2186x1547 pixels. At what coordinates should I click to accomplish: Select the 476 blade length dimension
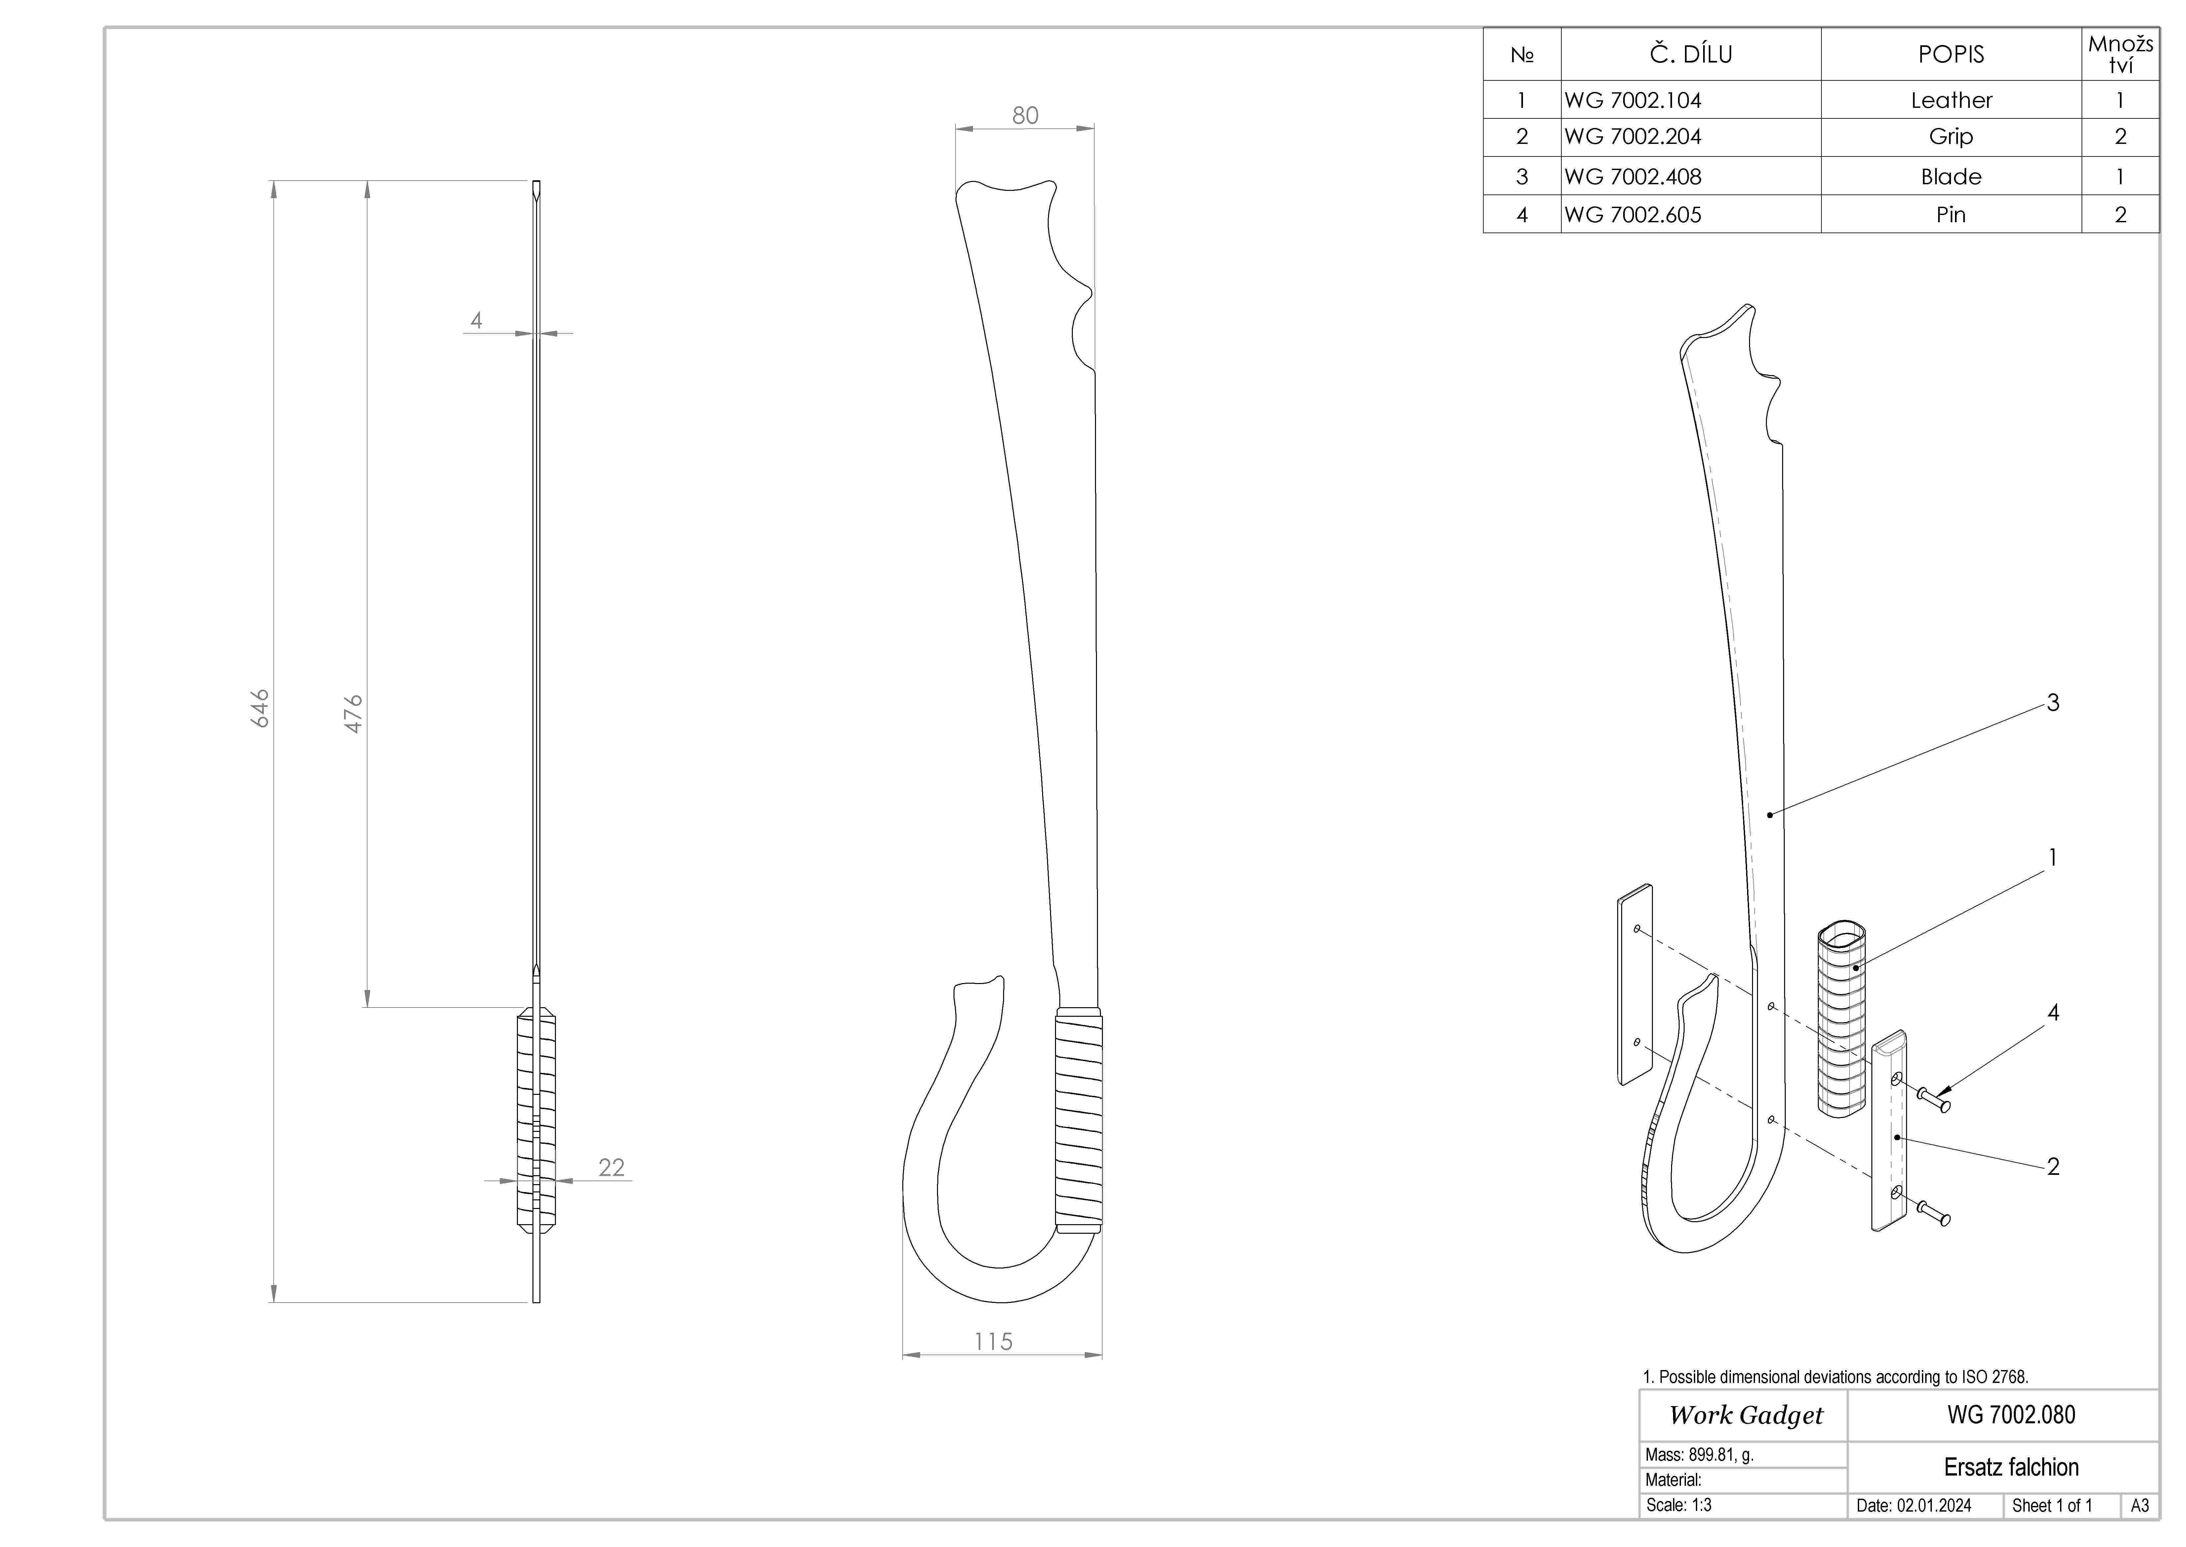353,713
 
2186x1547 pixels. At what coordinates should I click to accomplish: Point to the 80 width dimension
1025,115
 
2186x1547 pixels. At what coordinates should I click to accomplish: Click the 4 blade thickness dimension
476,320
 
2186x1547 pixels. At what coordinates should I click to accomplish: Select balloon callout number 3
2053,703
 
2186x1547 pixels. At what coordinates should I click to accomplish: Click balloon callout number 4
2053,1012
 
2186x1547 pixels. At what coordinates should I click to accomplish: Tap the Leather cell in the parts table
1951,100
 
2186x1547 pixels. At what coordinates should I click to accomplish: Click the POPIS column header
1951,54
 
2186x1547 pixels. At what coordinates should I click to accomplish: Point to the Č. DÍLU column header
1691,54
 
